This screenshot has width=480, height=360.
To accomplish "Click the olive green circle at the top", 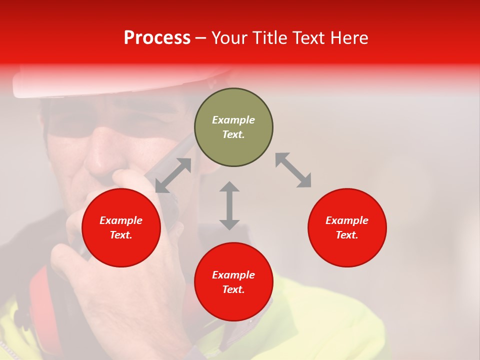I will tap(233, 127).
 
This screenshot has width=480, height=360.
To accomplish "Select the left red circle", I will tap(121, 227).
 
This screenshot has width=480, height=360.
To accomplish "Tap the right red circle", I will tap(347, 227).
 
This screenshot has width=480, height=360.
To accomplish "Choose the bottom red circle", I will tap(233, 282).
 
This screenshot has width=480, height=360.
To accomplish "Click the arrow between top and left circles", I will tap(173, 175).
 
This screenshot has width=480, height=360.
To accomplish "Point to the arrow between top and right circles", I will tap(293, 170).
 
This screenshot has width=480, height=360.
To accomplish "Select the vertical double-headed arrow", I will tap(229, 205).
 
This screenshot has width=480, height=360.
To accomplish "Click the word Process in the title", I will tap(157, 38).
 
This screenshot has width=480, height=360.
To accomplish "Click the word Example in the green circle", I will tap(233, 120).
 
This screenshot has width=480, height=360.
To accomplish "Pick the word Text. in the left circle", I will tap(121, 235).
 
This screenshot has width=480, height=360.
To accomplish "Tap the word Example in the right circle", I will tap(347, 220).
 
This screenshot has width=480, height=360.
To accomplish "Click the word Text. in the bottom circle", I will tap(233, 289).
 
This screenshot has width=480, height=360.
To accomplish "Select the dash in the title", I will tap(201, 38).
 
